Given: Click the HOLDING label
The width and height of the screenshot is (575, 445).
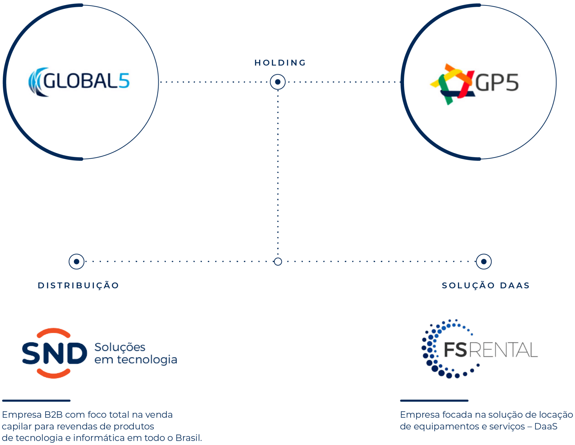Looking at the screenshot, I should tap(280, 63).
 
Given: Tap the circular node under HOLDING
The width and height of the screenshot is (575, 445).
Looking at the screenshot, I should tap(278, 82).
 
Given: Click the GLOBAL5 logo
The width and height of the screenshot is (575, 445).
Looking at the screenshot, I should tap(81, 80).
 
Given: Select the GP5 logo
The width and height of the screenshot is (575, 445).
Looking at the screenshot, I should tap(475, 81).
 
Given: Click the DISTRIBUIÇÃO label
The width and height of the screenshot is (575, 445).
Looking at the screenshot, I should tap(79, 285).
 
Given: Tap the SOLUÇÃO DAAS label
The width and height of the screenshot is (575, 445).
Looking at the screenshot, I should tap(486, 285).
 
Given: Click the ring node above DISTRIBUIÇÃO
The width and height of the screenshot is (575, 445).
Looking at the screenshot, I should tap(76, 262).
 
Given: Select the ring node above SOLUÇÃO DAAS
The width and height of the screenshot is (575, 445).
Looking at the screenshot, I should tap(484, 262).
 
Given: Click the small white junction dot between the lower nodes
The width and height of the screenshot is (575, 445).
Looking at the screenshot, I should tap(278, 262).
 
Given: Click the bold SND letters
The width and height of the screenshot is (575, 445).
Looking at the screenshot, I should tap(54, 353).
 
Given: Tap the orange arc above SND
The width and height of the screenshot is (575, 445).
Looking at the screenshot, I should tap(53, 332).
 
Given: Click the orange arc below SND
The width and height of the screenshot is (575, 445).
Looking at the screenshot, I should tap(53, 374).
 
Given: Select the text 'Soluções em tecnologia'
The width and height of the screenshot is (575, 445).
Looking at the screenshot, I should tap(135, 353).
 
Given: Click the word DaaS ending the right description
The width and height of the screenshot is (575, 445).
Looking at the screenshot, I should tap(546, 426).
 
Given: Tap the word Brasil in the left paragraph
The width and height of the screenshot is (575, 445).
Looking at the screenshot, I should tap(188, 438).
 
